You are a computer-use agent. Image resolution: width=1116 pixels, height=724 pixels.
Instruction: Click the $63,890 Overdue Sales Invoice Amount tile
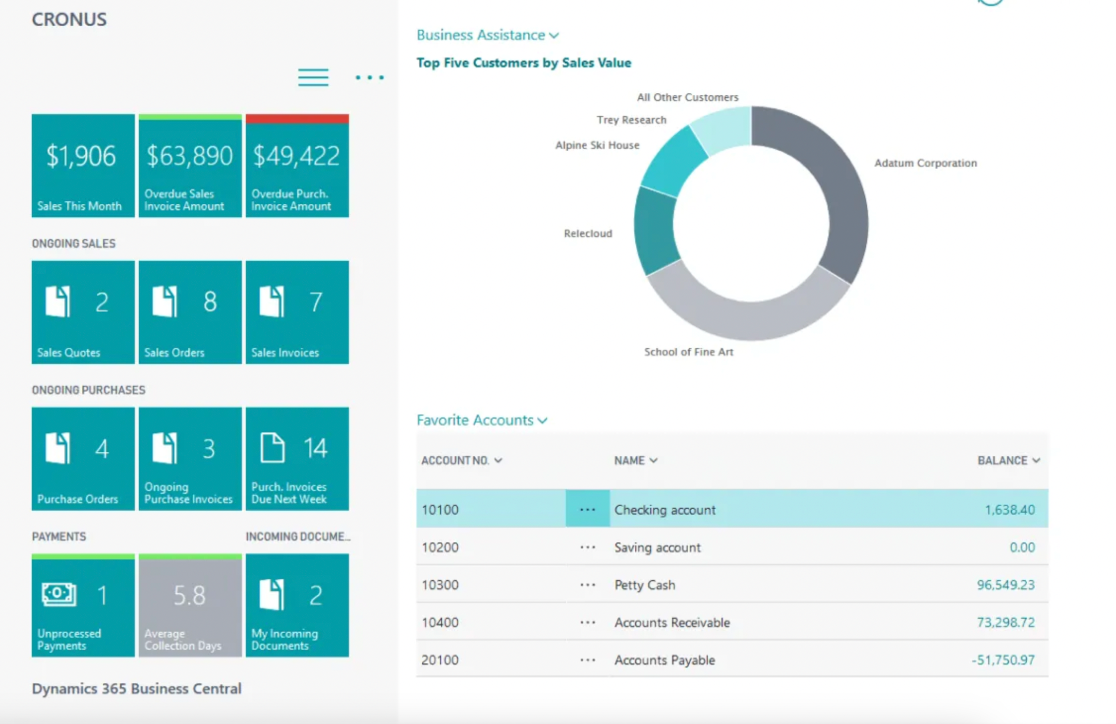click(x=190, y=166)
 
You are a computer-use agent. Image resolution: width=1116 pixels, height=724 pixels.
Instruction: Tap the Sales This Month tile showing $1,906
click(x=83, y=166)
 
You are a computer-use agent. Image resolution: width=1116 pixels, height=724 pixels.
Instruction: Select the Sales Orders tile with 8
click(x=190, y=312)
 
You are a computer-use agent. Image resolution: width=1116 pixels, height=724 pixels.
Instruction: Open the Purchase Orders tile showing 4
click(x=83, y=459)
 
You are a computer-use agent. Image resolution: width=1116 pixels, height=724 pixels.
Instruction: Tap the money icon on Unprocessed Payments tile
click(x=59, y=594)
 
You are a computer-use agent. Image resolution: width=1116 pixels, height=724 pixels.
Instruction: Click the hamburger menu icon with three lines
click(x=313, y=77)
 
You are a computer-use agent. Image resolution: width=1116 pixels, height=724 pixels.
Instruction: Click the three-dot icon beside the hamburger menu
click(x=369, y=77)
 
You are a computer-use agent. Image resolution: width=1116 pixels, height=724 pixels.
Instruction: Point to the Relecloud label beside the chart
click(x=588, y=234)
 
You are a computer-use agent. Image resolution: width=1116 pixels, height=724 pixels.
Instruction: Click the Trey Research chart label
click(x=631, y=120)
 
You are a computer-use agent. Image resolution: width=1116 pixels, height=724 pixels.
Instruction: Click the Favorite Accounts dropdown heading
click(x=481, y=421)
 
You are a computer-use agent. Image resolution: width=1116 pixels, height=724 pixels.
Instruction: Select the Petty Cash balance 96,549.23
click(x=1005, y=585)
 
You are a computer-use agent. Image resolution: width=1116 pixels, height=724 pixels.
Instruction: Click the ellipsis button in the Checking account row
click(x=587, y=509)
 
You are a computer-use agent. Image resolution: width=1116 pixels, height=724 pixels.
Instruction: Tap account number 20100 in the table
click(x=440, y=660)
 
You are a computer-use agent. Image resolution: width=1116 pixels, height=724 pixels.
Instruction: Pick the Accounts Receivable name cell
click(x=672, y=623)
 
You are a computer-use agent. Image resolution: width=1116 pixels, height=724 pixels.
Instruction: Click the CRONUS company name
click(x=69, y=19)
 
